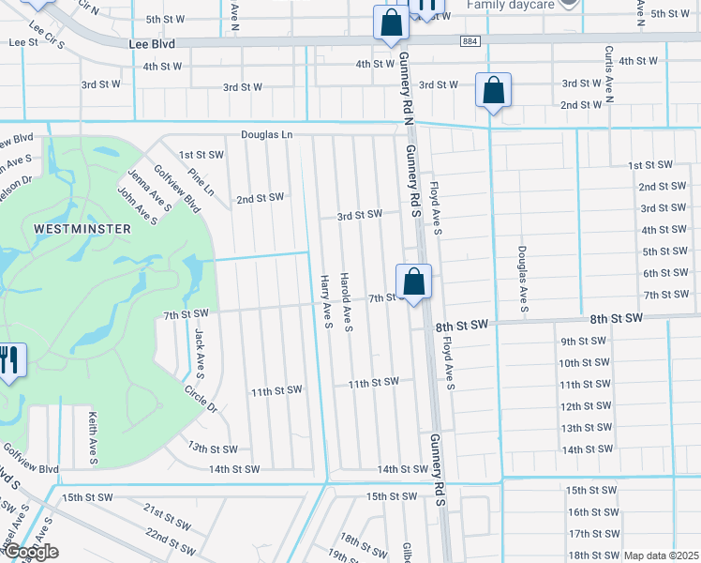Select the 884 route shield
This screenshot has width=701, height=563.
(x=470, y=41)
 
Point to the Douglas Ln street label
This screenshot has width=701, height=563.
(x=267, y=134)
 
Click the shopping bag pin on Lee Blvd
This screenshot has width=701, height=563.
(x=390, y=23)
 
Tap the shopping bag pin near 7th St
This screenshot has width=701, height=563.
(x=413, y=281)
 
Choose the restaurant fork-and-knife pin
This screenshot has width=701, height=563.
(x=8, y=360)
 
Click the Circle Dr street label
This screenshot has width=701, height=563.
(x=201, y=399)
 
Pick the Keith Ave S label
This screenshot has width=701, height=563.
(x=93, y=437)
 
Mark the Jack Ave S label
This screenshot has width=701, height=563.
(x=199, y=346)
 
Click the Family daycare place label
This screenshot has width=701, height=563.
(x=511, y=4)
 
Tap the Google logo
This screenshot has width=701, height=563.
(x=31, y=552)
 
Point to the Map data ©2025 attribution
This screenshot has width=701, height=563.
(x=661, y=555)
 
